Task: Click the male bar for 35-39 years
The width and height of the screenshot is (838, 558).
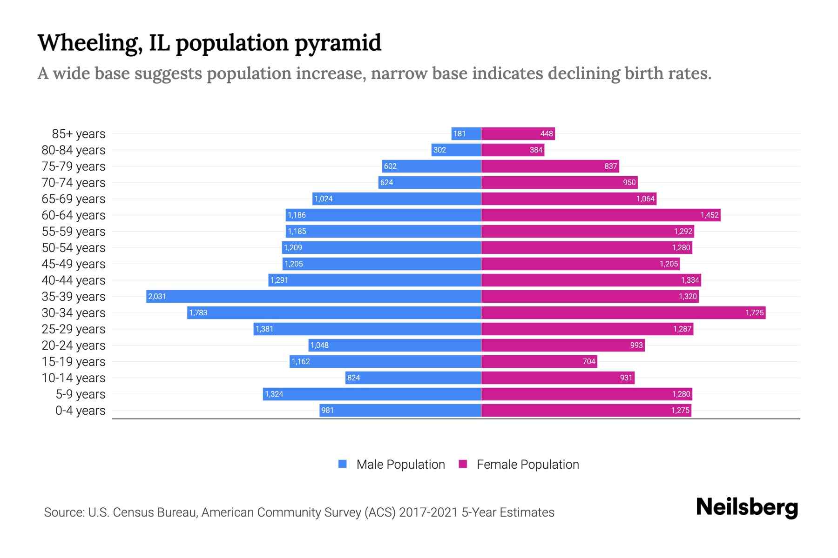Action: [313, 296]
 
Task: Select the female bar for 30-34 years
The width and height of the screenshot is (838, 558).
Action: [623, 312]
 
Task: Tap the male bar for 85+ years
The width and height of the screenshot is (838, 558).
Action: [466, 133]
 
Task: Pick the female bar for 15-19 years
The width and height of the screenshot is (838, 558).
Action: [539, 361]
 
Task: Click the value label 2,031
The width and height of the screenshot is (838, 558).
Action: [157, 296]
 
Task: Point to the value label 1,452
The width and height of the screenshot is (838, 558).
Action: [710, 215]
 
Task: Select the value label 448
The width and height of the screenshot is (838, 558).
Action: [547, 133]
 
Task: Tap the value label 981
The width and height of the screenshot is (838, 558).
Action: [327, 410]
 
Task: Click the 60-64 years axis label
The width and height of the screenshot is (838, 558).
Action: [74, 215]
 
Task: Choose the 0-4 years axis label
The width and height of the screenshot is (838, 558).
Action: [80, 411]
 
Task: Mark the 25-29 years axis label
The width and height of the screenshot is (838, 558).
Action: [74, 329]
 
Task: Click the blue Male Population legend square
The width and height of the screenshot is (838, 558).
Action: [343, 464]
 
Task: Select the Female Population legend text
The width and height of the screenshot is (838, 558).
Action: [527, 464]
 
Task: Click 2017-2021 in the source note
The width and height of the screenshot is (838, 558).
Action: [428, 512]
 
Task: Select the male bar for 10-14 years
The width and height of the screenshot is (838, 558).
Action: [413, 378]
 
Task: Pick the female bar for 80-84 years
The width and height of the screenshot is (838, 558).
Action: [513, 150]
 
